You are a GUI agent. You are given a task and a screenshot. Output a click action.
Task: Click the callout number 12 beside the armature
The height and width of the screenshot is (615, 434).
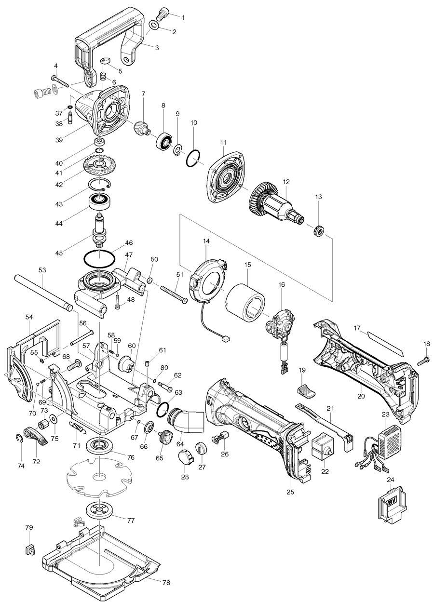[286, 182]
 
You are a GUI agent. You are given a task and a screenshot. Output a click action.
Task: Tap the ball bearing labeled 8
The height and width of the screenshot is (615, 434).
[164, 140]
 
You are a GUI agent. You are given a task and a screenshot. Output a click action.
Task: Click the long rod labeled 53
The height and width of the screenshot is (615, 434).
[43, 291]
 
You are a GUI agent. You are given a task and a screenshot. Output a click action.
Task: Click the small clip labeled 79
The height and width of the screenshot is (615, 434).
[29, 549]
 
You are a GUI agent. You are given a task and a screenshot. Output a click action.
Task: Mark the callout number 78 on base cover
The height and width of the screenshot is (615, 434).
[166, 583]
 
